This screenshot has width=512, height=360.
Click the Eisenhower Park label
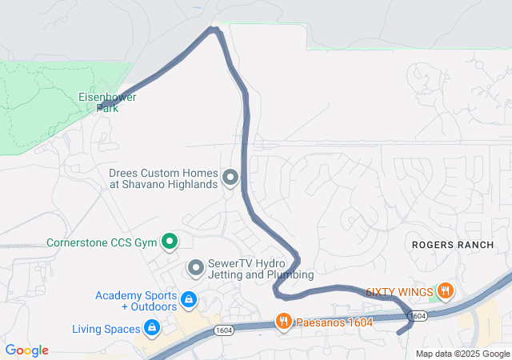click(107, 102)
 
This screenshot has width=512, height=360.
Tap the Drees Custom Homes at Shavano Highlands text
click(163, 178)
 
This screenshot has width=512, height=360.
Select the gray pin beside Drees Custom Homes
click(230, 178)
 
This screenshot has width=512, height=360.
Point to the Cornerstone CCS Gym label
click(101, 242)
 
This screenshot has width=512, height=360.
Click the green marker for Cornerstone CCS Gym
click(170, 241)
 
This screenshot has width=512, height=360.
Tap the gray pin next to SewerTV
click(195, 268)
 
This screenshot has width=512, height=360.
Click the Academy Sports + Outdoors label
click(136, 301)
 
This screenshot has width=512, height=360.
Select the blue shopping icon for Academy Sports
click(188, 300)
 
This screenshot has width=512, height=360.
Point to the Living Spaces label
click(104, 328)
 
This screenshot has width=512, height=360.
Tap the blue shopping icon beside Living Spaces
click(150, 327)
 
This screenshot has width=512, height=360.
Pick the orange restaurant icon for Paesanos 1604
click(283, 322)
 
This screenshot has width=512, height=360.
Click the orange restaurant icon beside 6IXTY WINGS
click(445, 291)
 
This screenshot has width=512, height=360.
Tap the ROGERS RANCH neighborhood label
click(453, 245)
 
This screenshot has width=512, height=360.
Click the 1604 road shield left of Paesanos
click(224, 331)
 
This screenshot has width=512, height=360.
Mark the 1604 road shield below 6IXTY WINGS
click(416, 316)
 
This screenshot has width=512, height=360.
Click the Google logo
click(26, 350)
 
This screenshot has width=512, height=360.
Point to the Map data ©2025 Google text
click(462, 354)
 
